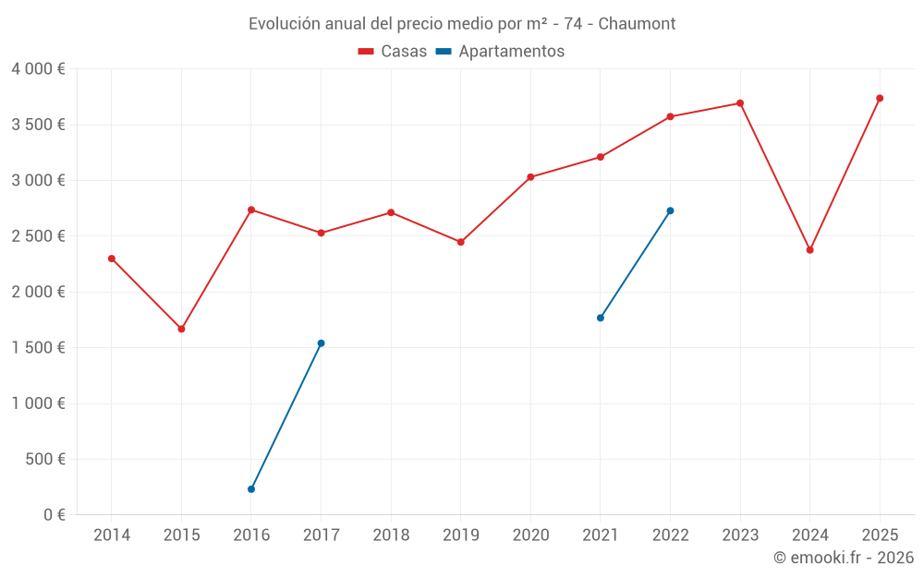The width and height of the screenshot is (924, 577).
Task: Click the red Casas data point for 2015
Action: (x=181, y=329)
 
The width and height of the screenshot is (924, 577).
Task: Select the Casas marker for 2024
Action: (x=809, y=250)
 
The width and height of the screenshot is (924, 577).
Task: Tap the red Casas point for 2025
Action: (x=880, y=98)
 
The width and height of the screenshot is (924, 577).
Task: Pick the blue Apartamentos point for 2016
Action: (x=251, y=489)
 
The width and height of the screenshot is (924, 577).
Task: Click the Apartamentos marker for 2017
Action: (x=321, y=343)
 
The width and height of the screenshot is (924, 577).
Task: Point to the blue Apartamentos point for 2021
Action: (x=601, y=318)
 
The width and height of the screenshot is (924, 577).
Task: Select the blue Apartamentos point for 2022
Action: (x=670, y=210)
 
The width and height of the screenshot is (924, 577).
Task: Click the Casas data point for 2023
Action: (x=740, y=103)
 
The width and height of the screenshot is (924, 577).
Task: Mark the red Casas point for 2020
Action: (x=530, y=177)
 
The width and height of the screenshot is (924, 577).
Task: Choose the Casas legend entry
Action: (x=393, y=52)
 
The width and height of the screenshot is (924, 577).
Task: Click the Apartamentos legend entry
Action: (x=500, y=52)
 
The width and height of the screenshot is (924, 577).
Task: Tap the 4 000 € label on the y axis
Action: (x=38, y=69)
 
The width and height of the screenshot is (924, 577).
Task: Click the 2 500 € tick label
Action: (x=38, y=236)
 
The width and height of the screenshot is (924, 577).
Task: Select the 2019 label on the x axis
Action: (x=460, y=535)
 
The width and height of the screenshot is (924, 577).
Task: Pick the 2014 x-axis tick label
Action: (x=112, y=535)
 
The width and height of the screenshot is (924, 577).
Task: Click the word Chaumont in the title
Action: (x=637, y=23)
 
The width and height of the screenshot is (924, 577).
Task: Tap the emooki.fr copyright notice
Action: (x=843, y=558)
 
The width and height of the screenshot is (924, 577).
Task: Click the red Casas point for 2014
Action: (x=112, y=258)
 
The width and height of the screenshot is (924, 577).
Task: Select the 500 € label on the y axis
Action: (x=43, y=460)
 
